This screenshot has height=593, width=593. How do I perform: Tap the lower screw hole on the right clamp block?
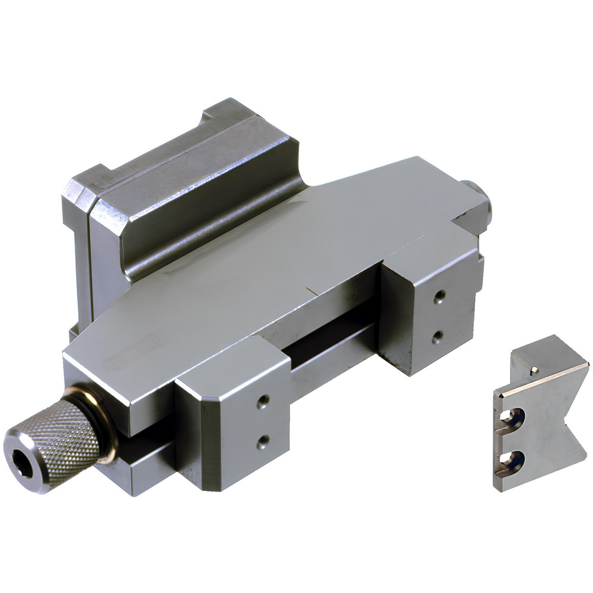(x=437, y=337)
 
